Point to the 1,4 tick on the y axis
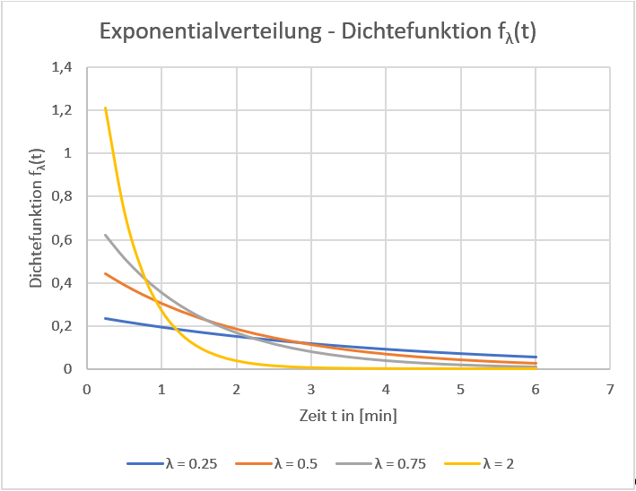pyautogui.click(x=67, y=67)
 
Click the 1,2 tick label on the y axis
pyautogui.click(x=67, y=110)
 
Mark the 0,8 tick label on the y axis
pyautogui.click(x=67, y=196)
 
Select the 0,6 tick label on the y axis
pyautogui.click(x=67, y=240)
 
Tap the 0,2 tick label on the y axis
pyautogui.click(x=67, y=326)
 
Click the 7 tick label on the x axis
pyautogui.click(x=609, y=390)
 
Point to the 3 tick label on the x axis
pyautogui.click(x=310, y=390)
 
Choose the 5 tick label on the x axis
pyautogui.click(x=460, y=390)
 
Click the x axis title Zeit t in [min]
pyautogui.click(x=348, y=416)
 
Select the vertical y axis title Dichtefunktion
pyautogui.click(x=37, y=218)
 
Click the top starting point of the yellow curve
pyautogui.click(x=106, y=108)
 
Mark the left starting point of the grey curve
pyautogui.click(x=106, y=235)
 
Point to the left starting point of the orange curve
pyautogui.click(x=106, y=273)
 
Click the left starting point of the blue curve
pyautogui.click(x=106, y=318)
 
